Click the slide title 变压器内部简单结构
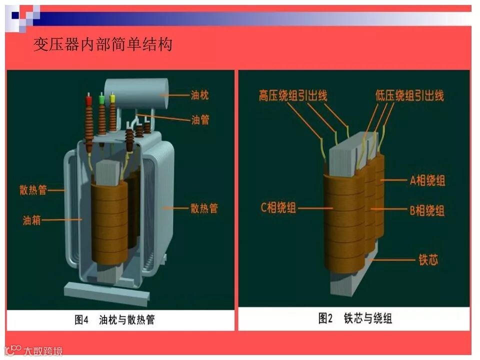[102, 44]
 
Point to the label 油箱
[31, 219]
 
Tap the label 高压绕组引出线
[293, 95]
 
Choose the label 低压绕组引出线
[409, 95]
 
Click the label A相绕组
[427, 181]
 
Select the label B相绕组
[427, 210]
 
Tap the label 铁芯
[428, 260]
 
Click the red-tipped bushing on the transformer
[89, 120]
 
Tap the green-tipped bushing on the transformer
[102, 115]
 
